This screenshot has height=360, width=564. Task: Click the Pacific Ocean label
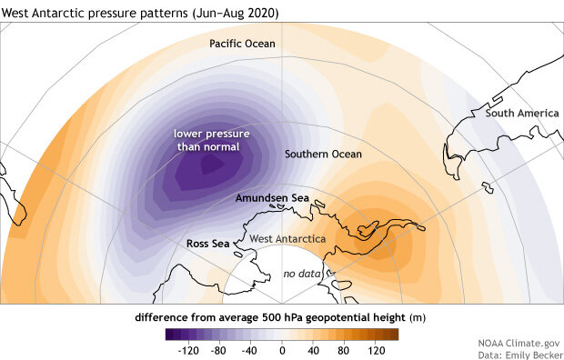[x=242, y=44]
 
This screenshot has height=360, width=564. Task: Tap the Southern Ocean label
[x=323, y=155]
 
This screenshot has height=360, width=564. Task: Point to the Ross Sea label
[x=206, y=244]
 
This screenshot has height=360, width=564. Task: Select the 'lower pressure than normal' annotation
[x=213, y=140]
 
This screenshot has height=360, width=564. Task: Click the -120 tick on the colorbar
[x=189, y=348]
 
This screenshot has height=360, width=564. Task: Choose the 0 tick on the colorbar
[x=282, y=348]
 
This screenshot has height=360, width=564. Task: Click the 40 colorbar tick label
[x=314, y=348]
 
